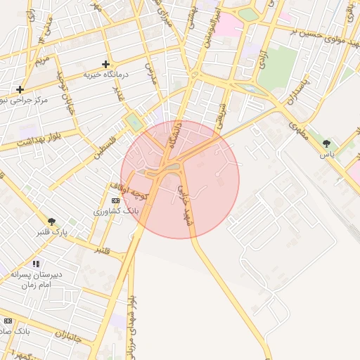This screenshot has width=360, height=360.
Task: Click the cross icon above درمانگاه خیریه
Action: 105,64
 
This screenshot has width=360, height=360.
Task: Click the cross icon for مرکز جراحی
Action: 20,89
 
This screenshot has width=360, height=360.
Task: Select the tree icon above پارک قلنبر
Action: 51,221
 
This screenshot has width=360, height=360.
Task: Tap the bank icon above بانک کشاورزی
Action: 115,201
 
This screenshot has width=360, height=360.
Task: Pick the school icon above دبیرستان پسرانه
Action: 36,264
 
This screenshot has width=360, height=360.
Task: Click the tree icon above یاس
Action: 326,143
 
